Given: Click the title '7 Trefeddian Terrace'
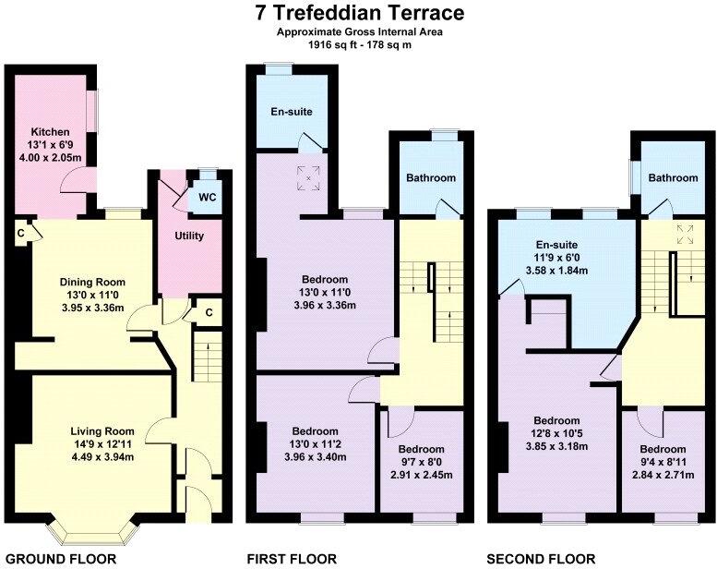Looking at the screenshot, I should point(359,13).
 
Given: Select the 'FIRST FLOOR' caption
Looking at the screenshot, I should point(292,558).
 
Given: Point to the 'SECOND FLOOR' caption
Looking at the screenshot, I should point(542,558).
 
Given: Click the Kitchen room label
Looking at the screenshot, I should point(44,131).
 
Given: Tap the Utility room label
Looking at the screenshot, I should point(189,236).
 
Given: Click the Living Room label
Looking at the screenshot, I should point(102,430).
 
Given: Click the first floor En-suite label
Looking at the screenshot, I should point(291,112).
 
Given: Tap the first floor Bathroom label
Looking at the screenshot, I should point(432,178).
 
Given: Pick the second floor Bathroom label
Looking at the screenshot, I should point(672,177).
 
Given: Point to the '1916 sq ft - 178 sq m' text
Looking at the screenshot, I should point(359,45).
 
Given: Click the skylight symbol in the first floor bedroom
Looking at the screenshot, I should point(308,173).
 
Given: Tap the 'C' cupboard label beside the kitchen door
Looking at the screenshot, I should point(19,233).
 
